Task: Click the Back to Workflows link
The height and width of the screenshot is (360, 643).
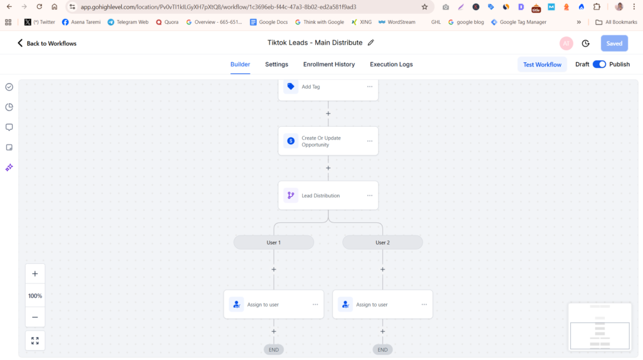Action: [x=46, y=43]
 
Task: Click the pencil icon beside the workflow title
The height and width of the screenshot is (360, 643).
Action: [x=370, y=43]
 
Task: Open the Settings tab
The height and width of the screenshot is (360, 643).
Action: [x=276, y=65]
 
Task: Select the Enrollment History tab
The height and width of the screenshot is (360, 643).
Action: [x=329, y=65]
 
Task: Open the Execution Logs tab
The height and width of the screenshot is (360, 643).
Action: [x=391, y=65]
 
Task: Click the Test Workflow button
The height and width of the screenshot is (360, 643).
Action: [x=542, y=65]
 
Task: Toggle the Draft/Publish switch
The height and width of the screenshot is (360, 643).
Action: [x=599, y=65]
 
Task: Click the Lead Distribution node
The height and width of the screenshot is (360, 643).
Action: [x=328, y=195]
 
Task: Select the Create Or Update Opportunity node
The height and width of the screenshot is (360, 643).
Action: [x=328, y=141]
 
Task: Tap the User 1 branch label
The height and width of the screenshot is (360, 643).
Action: [x=274, y=243]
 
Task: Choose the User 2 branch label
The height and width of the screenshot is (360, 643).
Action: [x=382, y=243]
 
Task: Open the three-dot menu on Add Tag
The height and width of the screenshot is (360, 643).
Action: [x=369, y=87]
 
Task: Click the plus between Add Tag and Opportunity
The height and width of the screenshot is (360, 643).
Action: [x=328, y=114]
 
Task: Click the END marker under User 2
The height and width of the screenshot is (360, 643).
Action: [x=382, y=350]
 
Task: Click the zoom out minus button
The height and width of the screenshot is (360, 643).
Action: [x=35, y=317]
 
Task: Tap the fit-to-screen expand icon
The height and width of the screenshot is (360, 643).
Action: [x=35, y=341]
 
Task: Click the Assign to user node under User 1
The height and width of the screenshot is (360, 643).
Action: [x=274, y=305]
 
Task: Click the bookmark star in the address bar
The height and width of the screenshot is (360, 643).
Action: [x=424, y=7]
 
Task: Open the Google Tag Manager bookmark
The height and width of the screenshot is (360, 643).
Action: [x=518, y=22]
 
